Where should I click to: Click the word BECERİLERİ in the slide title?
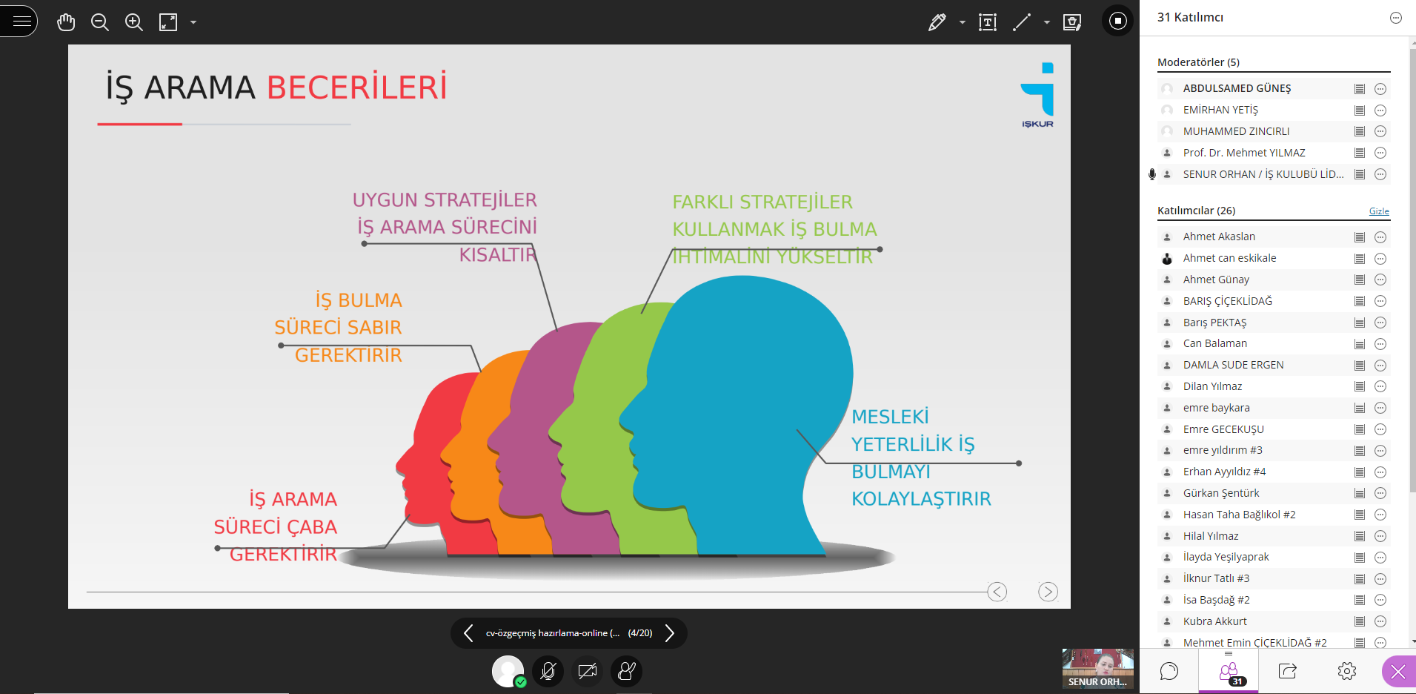(356, 87)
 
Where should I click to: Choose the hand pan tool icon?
(66, 22)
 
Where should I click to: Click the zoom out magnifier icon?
(100, 22)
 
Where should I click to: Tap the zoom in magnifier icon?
(134, 22)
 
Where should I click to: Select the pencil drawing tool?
(937, 22)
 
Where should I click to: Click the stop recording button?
(1118, 21)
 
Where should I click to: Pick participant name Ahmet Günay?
(1216, 280)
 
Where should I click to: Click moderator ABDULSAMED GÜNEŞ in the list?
(1237, 88)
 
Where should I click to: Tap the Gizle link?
(1379, 211)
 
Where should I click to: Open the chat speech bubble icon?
(1169, 671)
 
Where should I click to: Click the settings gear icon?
(1347, 671)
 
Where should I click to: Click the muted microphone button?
(548, 671)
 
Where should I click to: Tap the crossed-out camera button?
(588, 671)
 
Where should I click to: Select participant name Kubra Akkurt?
(1215, 621)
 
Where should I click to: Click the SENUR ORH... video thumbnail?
(1097, 669)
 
